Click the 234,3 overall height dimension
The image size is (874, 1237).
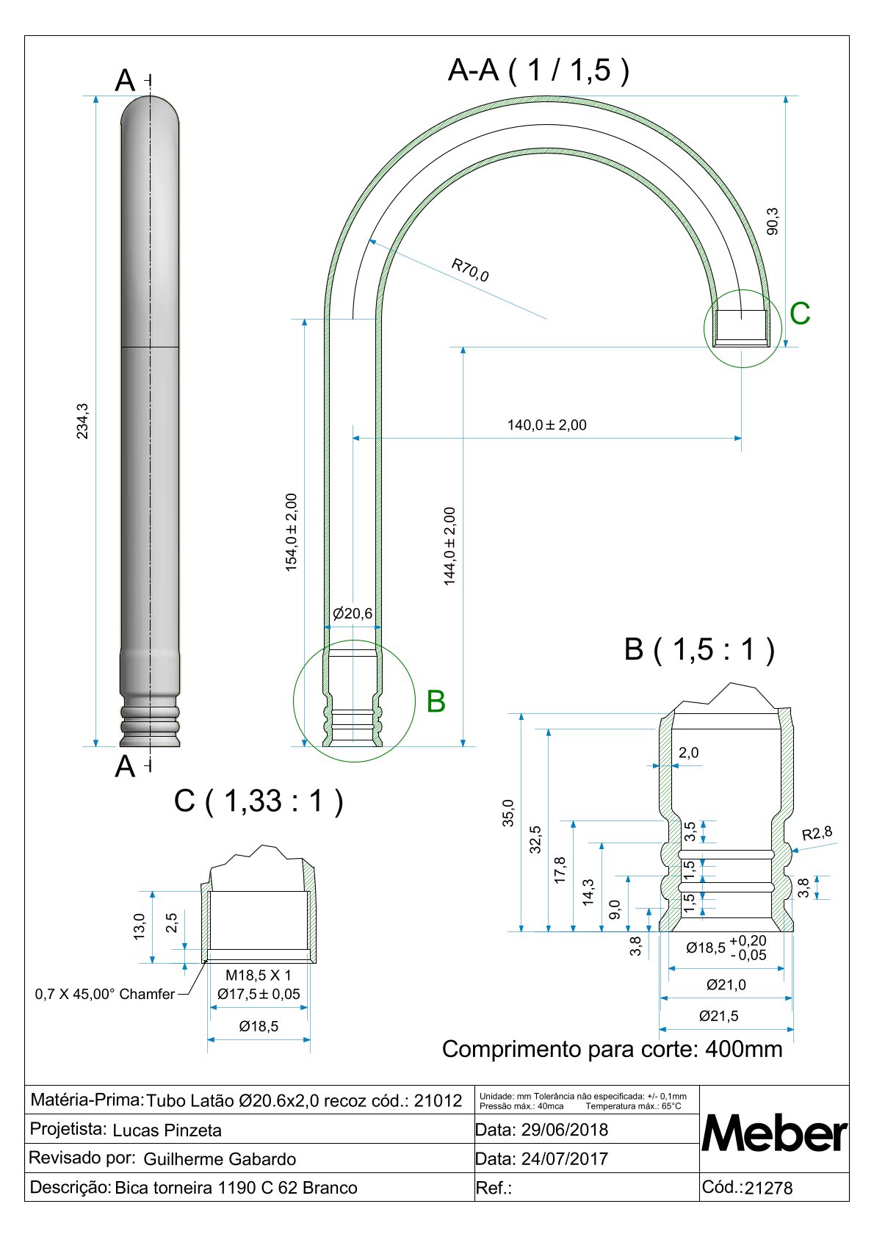pyautogui.click(x=82, y=422)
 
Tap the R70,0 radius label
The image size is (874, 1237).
pyautogui.click(x=470, y=270)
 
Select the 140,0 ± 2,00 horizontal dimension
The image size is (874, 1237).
pyautogui.click(x=546, y=425)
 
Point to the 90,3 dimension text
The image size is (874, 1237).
pyautogui.click(x=773, y=221)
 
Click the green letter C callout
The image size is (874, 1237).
pyautogui.click(x=800, y=314)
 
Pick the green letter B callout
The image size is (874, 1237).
pyautogui.click(x=436, y=702)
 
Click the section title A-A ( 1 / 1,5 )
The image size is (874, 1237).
pyautogui.click(x=538, y=71)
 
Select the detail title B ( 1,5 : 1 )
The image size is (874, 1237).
pyautogui.click(x=699, y=649)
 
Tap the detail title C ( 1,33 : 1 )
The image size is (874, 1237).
pyautogui.click(x=259, y=801)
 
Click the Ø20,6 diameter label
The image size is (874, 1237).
pyautogui.click(x=353, y=613)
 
